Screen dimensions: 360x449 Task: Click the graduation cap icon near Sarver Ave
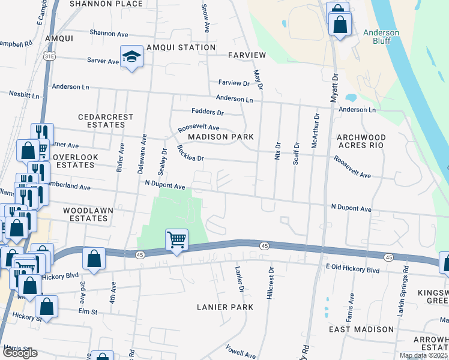(x=131, y=57)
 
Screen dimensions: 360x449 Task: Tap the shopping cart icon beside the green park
(x=177, y=240)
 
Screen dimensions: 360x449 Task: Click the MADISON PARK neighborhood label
(x=220, y=137)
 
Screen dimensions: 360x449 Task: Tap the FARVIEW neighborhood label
(x=247, y=55)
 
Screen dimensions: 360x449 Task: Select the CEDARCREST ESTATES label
(x=101, y=121)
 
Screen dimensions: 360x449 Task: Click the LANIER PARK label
(x=225, y=307)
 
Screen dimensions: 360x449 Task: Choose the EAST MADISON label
(x=361, y=329)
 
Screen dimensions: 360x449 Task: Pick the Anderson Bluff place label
(x=381, y=37)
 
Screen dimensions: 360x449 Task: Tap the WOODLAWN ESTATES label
(x=85, y=215)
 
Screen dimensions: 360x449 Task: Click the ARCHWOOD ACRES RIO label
(x=360, y=141)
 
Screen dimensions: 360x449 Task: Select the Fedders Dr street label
(x=207, y=112)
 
